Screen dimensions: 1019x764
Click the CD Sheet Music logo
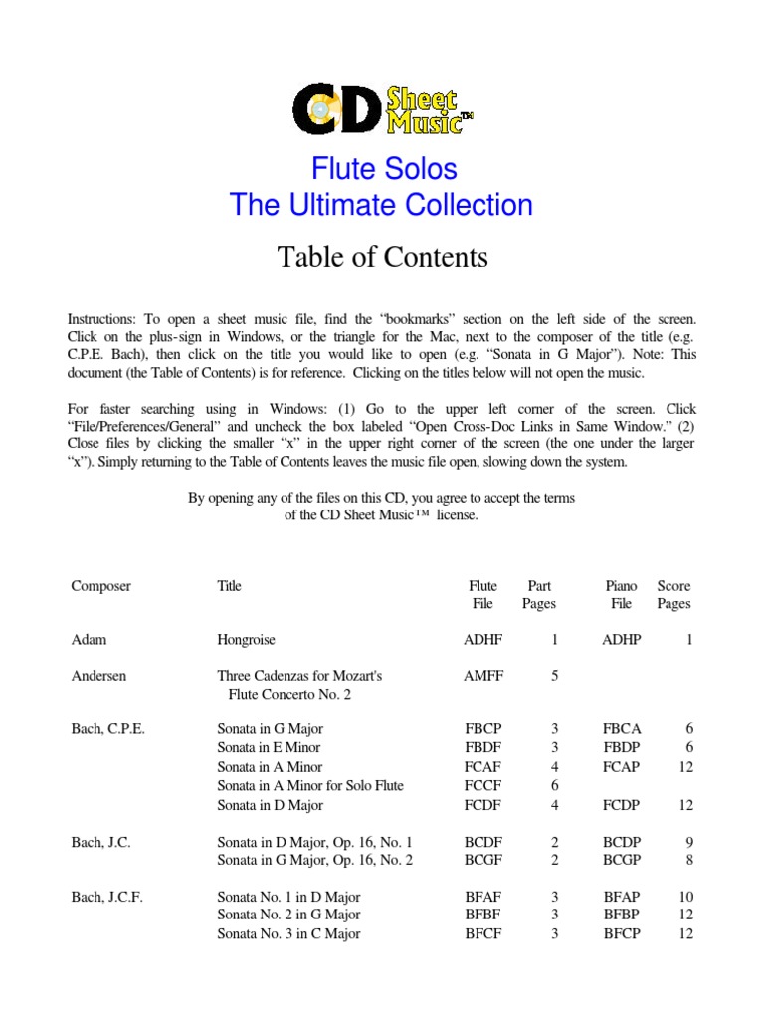coord(382,108)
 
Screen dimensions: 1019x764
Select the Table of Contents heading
coord(382,257)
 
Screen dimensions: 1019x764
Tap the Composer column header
coord(100,586)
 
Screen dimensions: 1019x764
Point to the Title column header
coord(229,586)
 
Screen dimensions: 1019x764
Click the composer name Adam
coord(89,640)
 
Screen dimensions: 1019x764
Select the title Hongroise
coord(246,640)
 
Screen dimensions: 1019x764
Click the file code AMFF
coord(483,675)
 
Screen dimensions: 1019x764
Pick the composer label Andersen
coord(99,675)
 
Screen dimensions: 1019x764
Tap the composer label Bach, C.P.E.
coord(107,728)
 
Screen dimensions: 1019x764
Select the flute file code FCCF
coord(483,785)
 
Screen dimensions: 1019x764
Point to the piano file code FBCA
coord(622,728)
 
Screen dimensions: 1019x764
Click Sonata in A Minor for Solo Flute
coord(310,785)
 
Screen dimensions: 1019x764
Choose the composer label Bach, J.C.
coord(100,842)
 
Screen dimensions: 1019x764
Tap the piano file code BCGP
coord(622,860)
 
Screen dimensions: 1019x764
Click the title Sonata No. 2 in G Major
coord(288,915)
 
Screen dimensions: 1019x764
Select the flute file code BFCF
coord(483,933)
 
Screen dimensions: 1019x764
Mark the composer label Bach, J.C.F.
coord(106,896)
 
